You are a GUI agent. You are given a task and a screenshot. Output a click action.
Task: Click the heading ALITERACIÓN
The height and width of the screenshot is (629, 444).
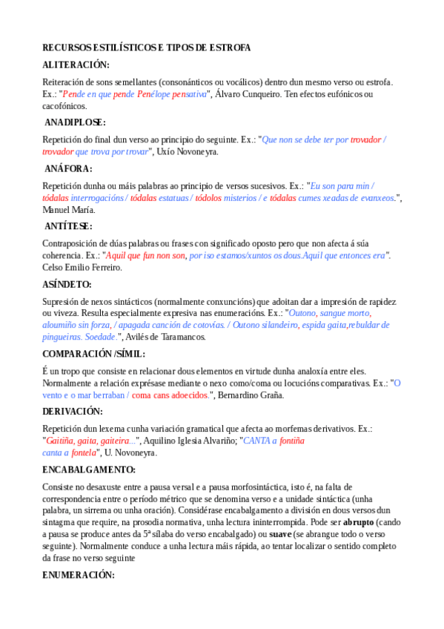[76, 65]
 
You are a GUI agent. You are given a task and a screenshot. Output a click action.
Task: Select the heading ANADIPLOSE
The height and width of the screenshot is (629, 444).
[75, 122]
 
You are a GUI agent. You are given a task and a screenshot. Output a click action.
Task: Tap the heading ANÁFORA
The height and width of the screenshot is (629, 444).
[68, 168]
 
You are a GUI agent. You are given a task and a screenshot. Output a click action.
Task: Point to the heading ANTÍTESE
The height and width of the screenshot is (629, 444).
[69, 226]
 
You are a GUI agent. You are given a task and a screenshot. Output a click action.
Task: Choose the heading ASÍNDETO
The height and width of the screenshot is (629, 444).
[67, 284]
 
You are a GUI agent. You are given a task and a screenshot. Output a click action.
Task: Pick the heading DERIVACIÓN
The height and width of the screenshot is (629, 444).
[73, 411]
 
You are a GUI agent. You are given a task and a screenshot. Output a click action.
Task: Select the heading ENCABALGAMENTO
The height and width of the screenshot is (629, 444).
[89, 470]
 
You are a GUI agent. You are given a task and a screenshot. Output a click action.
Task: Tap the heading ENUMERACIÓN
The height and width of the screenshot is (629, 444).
[79, 575]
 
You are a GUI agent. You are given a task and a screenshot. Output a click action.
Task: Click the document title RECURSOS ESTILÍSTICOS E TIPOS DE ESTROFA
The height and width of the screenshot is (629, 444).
[147, 47]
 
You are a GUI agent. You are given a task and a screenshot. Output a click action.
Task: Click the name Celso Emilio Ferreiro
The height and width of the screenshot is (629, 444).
[82, 268]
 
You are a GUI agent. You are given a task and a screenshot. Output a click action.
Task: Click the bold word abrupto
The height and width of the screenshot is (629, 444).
[359, 521]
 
